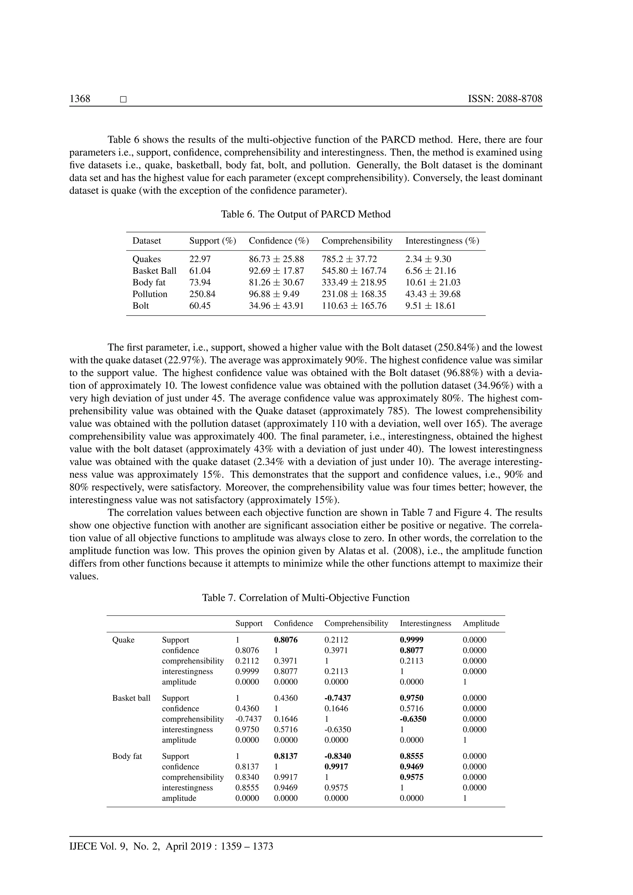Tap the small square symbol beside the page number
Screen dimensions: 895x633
[x=123, y=100]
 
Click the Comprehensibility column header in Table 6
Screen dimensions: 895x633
[x=357, y=240]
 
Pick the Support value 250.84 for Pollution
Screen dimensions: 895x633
[x=202, y=294]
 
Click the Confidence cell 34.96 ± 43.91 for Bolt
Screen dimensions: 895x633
[x=276, y=306]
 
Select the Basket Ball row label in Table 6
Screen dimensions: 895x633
[x=154, y=270]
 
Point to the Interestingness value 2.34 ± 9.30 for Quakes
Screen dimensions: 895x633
[x=428, y=259]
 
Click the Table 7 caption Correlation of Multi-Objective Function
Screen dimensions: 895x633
[x=306, y=598]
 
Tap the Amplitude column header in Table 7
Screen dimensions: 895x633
[x=481, y=623]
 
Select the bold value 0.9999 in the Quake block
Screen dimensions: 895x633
[x=412, y=640]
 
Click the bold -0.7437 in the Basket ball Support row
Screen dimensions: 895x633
[x=338, y=698]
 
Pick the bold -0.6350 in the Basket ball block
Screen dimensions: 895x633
[x=413, y=719]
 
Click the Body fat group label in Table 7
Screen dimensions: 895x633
[x=127, y=756]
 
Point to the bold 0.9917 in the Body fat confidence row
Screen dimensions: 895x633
[x=336, y=766]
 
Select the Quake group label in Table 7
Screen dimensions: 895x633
[x=123, y=640]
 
